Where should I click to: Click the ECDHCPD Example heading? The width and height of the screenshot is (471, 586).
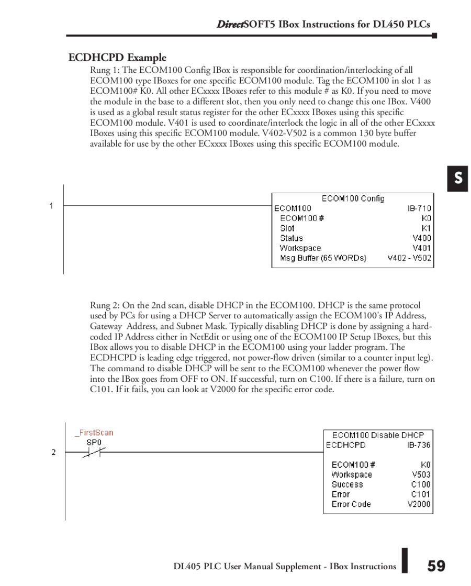coord(117,58)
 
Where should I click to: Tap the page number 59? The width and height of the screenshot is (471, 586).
coord(436,566)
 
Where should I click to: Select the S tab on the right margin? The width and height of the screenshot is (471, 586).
coord(458,179)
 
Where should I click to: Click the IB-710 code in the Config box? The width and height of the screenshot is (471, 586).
coord(419,208)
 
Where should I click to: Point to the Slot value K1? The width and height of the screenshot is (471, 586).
coord(426,228)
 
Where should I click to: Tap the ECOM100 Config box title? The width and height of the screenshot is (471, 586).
coord(353,198)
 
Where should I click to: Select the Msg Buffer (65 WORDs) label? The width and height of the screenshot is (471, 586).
coord(323,258)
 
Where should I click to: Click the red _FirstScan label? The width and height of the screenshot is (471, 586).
coord(94,433)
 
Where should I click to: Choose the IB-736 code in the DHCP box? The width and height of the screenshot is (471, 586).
coord(419,445)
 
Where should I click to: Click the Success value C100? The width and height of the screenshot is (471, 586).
coord(421,484)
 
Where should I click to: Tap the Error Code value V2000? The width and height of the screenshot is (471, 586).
coord(419,504)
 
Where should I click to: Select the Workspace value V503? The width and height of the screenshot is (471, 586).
coord(421,474)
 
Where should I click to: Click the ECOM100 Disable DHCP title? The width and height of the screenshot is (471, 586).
coord(378,435)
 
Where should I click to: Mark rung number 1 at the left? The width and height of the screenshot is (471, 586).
coord(51,206)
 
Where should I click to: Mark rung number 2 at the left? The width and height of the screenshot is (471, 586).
coord(53,452)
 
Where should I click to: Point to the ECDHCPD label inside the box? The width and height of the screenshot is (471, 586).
coord(345,445)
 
